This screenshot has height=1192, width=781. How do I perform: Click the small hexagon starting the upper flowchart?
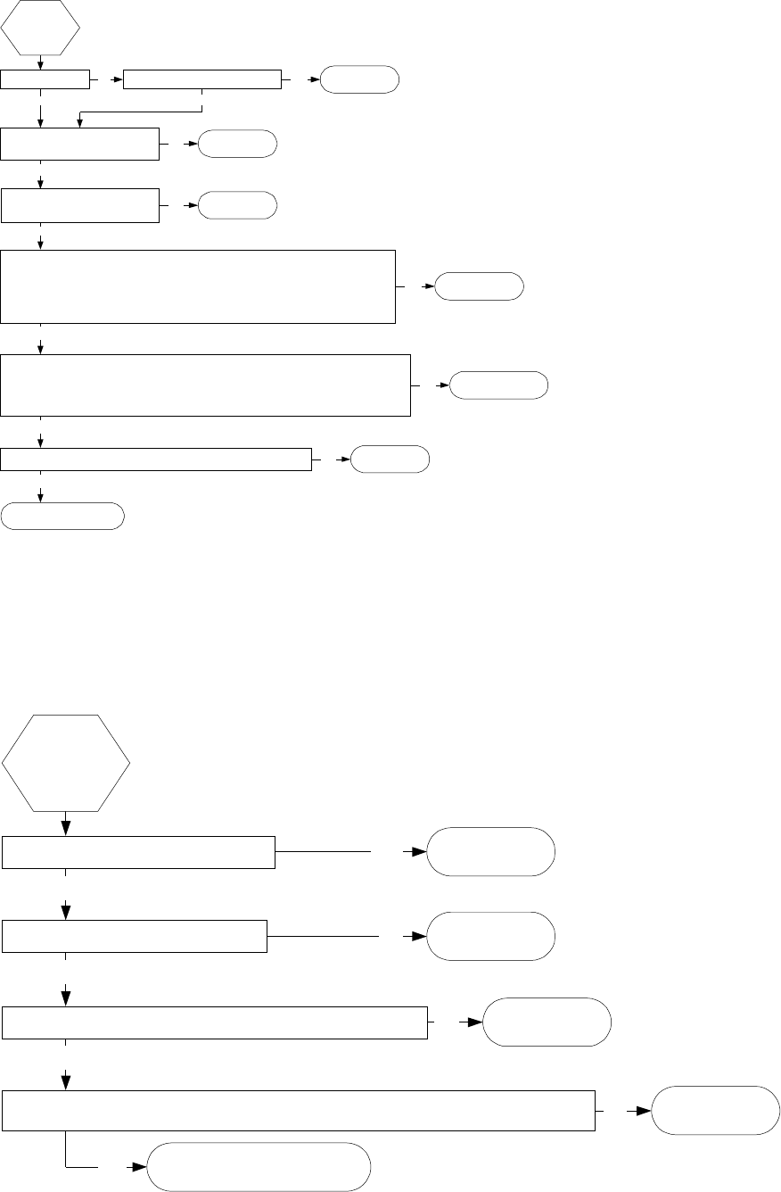point(41,27)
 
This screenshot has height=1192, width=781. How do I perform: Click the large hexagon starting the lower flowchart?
point(66,763)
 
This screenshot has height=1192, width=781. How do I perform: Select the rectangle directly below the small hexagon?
point(45,79)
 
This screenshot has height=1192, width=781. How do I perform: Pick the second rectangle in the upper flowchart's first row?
point(201,79)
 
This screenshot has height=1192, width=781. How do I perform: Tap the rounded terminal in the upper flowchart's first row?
point(359,79)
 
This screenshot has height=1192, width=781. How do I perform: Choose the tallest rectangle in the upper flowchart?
point(198,286)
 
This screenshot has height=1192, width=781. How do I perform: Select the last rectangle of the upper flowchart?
point(156,459)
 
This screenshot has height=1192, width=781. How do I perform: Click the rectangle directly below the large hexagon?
point(137,852)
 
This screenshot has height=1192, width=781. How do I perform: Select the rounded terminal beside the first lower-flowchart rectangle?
point(491,852)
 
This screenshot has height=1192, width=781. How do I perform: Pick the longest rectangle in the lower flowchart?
point(299,1110)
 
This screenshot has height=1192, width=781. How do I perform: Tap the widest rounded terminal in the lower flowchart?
point(258,1167)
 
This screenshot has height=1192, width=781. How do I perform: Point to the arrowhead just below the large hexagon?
point(66,828)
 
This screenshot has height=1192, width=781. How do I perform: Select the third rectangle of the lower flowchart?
point(215,1022)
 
